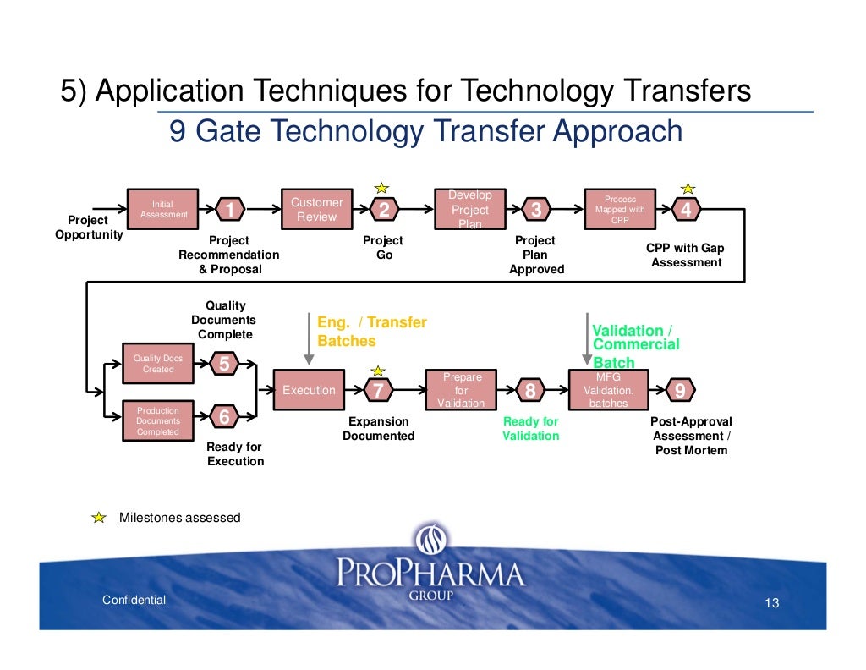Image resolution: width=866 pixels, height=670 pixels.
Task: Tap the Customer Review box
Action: pos(316,209)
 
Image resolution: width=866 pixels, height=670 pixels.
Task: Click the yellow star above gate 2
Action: pos(382,187)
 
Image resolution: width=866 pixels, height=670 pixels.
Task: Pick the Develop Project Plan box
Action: pos(469,209)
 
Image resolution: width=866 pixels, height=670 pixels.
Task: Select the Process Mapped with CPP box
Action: pos(620,209)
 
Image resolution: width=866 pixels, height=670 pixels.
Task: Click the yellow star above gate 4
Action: pos(688,187)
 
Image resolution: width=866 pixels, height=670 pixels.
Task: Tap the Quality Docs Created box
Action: pos(158,364)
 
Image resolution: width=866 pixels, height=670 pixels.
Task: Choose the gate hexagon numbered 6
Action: pos(224,417)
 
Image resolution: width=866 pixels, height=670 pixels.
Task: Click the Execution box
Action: pos(309,390)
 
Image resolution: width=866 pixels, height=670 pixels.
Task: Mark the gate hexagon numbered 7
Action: pos(378,390)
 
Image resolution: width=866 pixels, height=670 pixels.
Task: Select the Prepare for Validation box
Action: pos(461,390)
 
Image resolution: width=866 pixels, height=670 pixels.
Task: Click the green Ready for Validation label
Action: pos(531,429)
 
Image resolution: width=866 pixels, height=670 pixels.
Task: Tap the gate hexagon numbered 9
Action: pos(681,390)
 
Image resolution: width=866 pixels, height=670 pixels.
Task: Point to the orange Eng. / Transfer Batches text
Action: pos(371,332)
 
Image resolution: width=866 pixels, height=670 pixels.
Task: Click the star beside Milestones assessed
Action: pos(100,517)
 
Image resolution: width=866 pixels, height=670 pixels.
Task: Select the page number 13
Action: pos(770,603)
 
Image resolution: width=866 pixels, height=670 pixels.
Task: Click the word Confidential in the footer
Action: pos(134,600)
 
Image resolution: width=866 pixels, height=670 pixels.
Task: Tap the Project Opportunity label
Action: pos(89,227)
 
